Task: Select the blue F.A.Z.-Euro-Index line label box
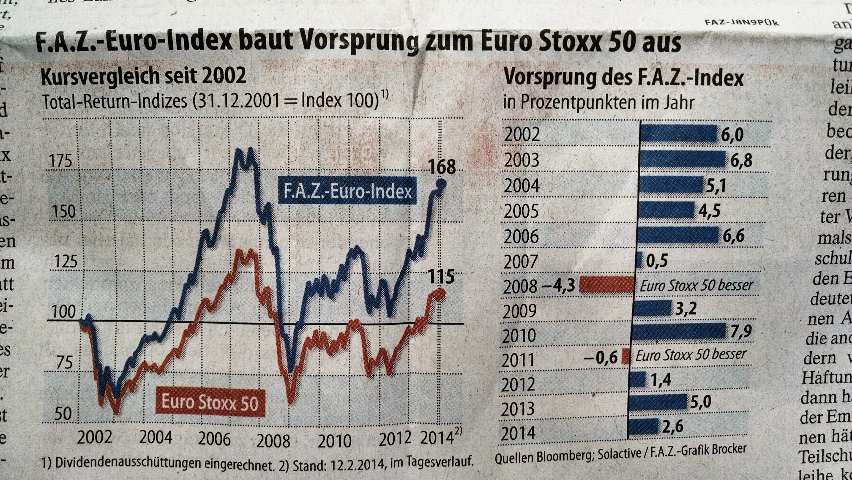pos(347,191)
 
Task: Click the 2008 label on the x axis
pos(273,441)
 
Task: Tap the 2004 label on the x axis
pos(155,438)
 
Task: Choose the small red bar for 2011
pos(625,356)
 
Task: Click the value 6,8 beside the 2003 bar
pos(741,160)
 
